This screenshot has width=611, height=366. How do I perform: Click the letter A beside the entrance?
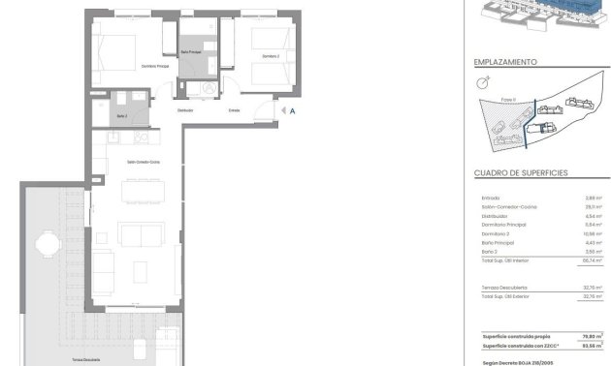click(x=292, y=111)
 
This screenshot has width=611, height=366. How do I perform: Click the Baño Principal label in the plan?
click(x=192, y=52)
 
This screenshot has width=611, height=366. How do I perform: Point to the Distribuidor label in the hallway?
click(x=184, y=110)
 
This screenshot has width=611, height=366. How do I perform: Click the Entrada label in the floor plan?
click(x=234, y=110)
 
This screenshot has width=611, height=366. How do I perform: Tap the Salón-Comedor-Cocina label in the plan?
click(x=144, y=163)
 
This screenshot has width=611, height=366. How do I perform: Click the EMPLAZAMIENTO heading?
click(x=505, y=61)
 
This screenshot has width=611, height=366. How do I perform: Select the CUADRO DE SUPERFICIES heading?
click(x=521, y=172)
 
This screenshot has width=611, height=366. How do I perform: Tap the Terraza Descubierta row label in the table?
click(x=504, y=288)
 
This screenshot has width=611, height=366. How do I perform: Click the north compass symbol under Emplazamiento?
click(x=483, y=83)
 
